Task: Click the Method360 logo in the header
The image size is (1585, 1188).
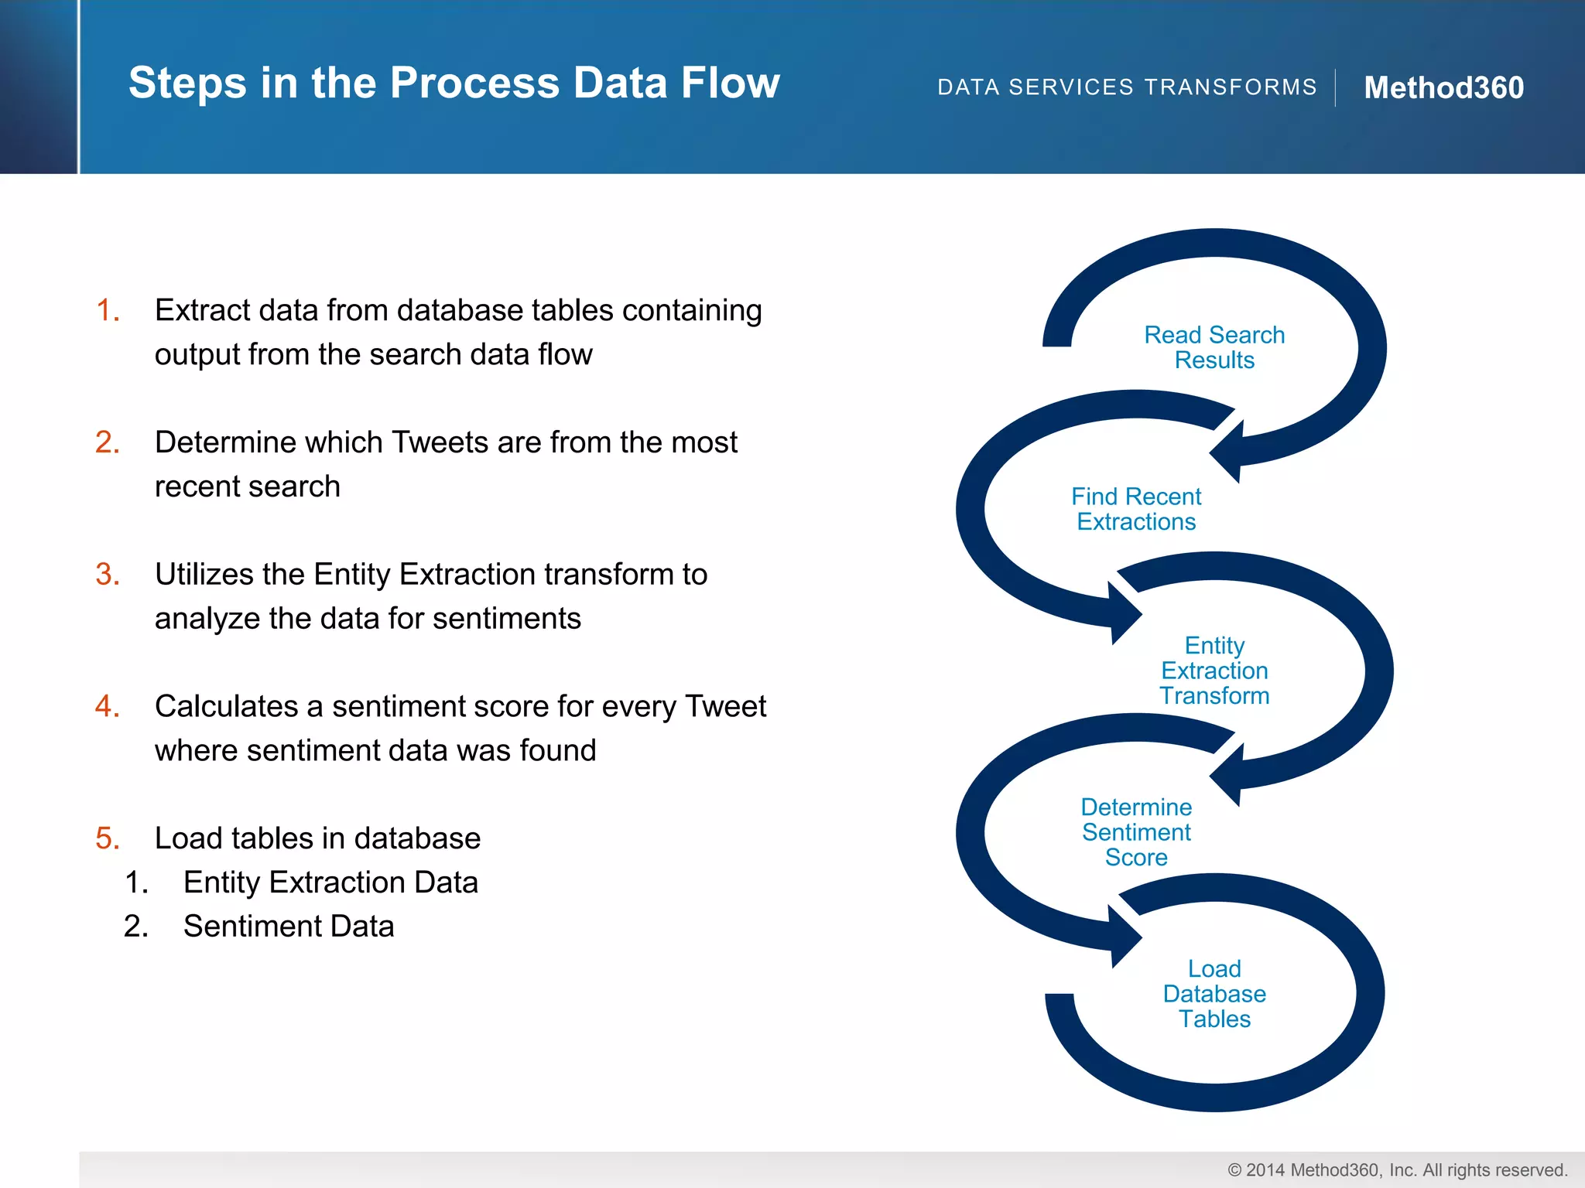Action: tap(1443, 87)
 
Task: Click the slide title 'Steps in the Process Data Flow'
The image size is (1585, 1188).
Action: tap(454, 83)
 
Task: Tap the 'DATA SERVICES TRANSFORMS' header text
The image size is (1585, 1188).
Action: tap(1127, 87)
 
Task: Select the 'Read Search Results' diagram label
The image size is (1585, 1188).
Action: tap(1214, 347)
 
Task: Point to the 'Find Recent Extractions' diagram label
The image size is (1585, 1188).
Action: tap(1136, 509)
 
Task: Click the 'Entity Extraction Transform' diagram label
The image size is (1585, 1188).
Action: tap(1214, 671)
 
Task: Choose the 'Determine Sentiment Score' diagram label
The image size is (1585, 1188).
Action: tap(1136, 832)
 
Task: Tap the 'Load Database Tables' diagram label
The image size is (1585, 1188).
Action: tap(1214, 994)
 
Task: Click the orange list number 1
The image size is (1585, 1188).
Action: tap(108, 310)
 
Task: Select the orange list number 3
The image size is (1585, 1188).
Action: tap(108, 575)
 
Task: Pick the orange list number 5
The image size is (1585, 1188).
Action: tap(108, 838)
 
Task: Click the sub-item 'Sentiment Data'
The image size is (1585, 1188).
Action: tap(289, 927)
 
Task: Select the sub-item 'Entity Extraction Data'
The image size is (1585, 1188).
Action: tap(330, 882)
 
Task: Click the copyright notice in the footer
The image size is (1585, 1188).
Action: tap(1397, 1170)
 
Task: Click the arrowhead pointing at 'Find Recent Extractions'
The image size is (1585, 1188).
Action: tap(1227, 452)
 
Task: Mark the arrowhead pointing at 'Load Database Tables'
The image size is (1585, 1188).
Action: tap(1125, 937)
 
